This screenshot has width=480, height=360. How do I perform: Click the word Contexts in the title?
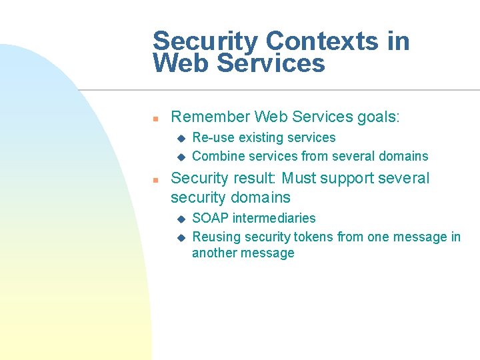(322, 41)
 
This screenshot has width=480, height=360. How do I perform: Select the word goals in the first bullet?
(377, 117)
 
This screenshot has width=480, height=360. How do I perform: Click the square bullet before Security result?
(154, 180)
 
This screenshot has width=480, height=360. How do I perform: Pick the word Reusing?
(217, 237)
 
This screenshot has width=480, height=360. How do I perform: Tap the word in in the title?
(398, 41)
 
